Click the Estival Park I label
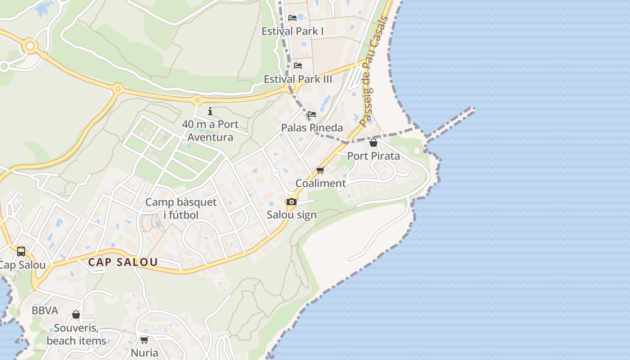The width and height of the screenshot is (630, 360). coord(292,31)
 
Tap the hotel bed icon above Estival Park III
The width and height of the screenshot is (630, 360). coord(298,66)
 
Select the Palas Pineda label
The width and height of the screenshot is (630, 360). coord(312,128)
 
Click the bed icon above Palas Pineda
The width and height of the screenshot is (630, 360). coord(312,114)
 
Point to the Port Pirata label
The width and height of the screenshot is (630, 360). coord(373,156)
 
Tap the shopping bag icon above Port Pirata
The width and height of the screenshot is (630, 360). coord(373,143)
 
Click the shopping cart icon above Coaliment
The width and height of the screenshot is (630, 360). coord(320,170)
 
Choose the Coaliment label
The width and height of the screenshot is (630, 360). coord(320,183)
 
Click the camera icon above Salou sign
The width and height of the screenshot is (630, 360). coord(292,202)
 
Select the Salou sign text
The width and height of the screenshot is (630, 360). coord(292,215)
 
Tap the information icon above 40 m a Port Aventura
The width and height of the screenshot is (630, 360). coord(210,111)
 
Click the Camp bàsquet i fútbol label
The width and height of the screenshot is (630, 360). coord(181,208)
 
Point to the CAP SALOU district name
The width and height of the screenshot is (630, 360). coord(123,262)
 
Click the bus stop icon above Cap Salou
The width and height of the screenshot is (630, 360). coord(21,251)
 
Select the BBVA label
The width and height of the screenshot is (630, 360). coord(45,310)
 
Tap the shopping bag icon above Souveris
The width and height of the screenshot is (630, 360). coord(76,315)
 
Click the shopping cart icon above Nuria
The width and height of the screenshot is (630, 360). coord(144,340)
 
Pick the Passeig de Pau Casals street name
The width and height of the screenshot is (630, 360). coord(373,72)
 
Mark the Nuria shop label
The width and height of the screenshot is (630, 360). coord(144,352)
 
